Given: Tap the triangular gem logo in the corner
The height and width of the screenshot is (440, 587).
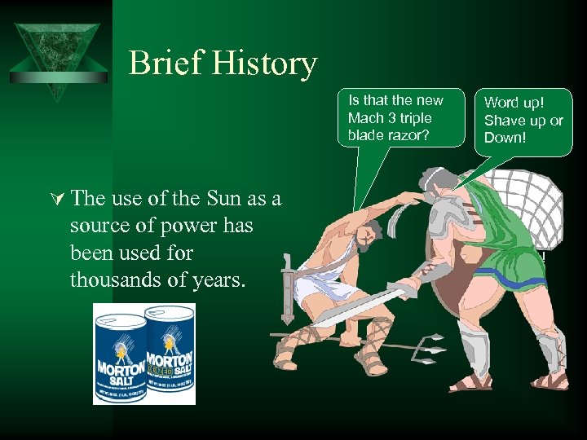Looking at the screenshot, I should coord(58,57).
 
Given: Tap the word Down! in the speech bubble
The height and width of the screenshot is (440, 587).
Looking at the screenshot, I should coord(505,137).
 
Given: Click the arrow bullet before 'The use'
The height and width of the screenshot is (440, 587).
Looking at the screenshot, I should coord(57,199).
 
